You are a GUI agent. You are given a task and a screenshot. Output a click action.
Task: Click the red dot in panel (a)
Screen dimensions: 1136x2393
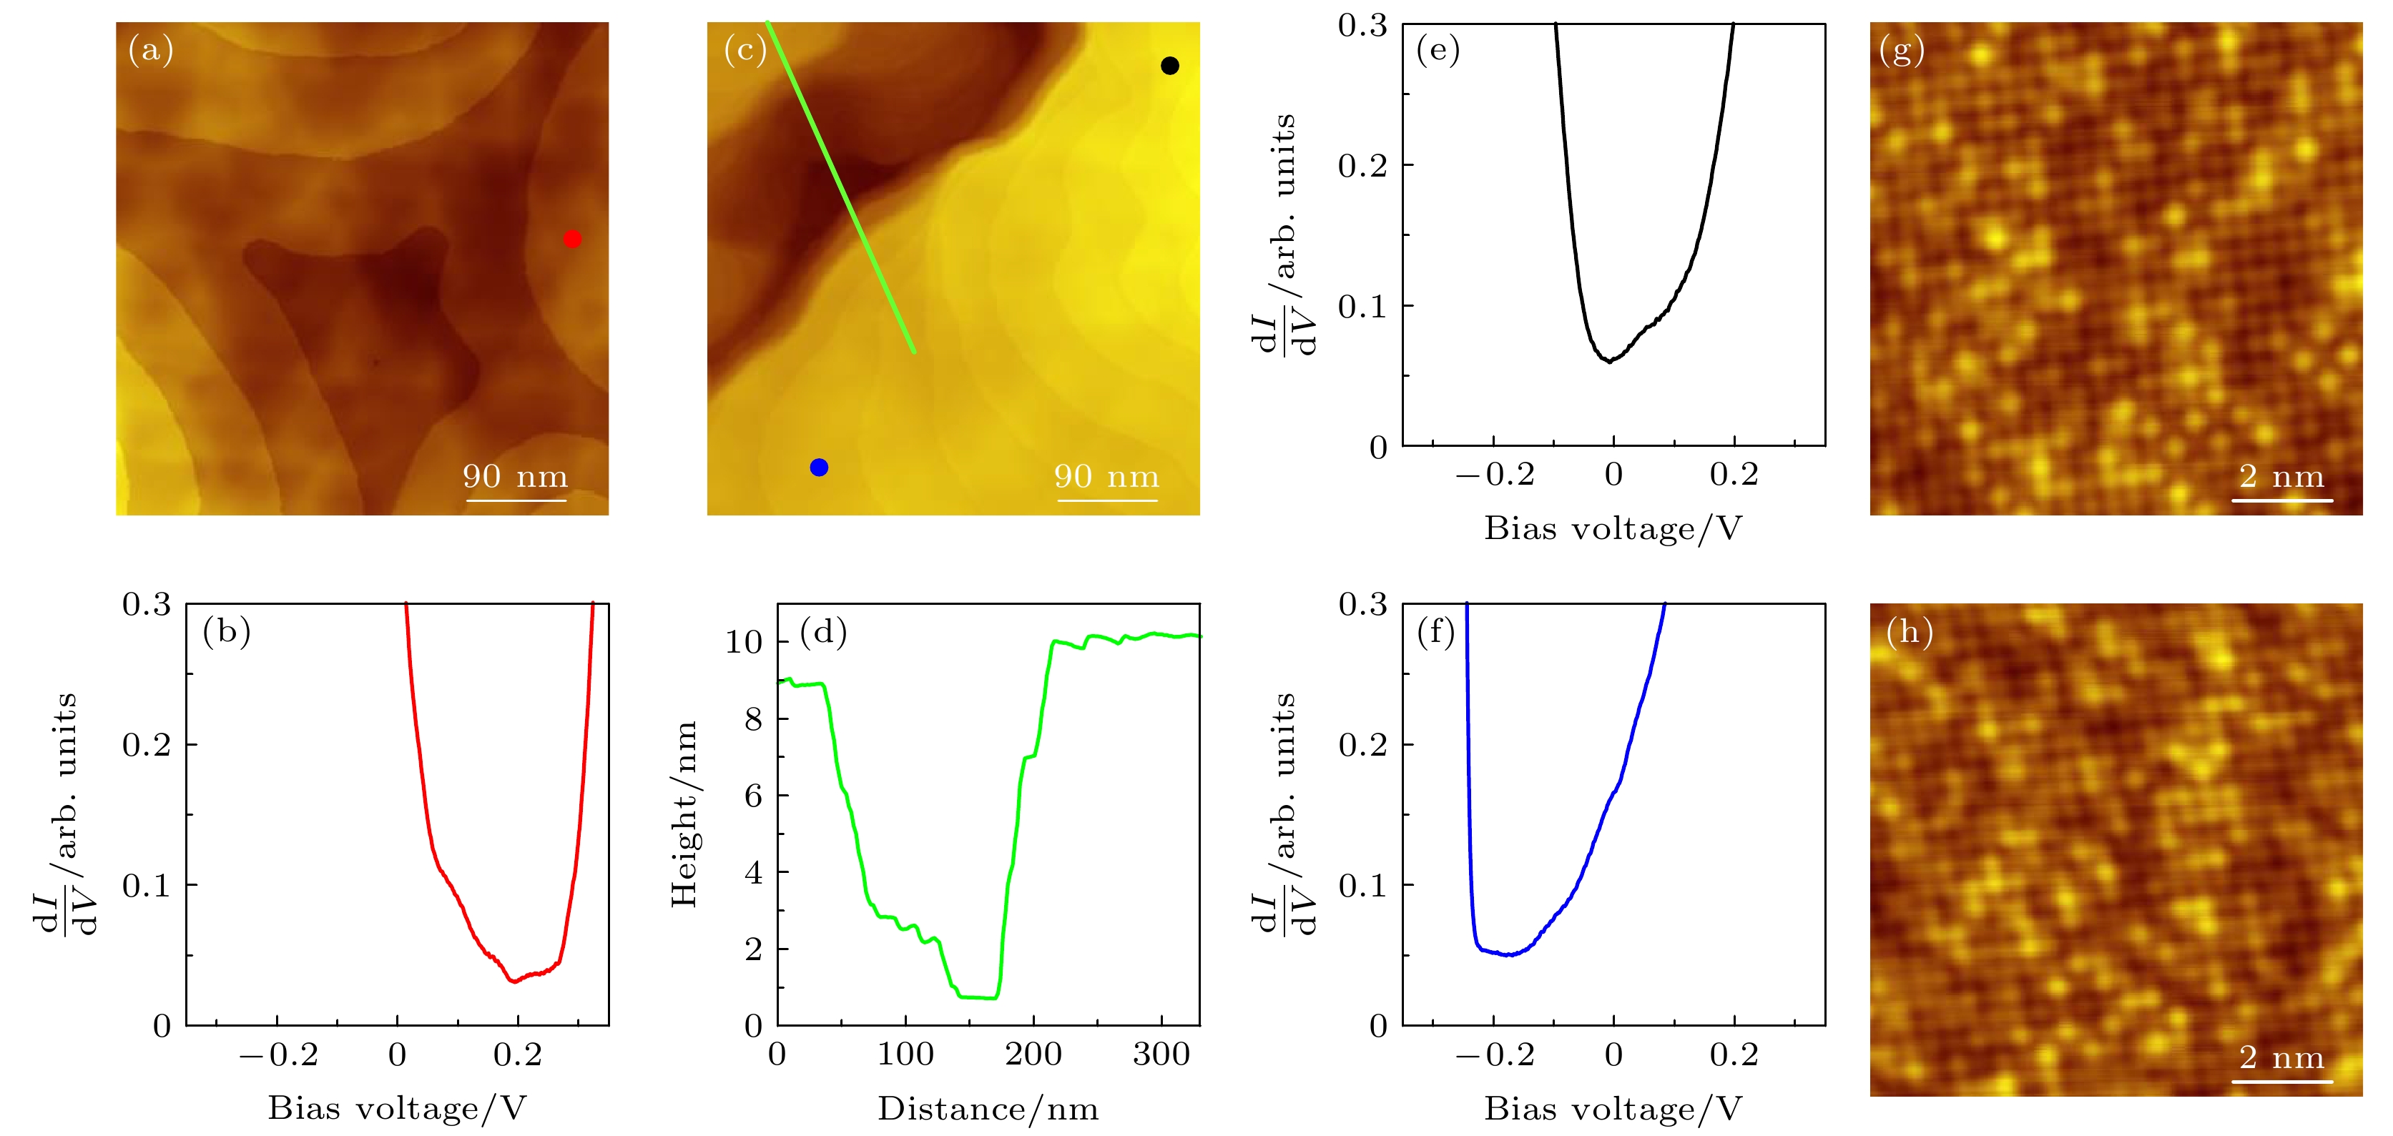click(572, 239)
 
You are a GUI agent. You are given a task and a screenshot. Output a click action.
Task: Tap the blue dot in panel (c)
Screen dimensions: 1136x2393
click(818, 468)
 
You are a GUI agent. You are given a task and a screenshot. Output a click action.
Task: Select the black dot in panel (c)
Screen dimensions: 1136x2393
click(1169, 65)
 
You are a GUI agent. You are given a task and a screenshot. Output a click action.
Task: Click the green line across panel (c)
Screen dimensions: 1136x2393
click(841, 187)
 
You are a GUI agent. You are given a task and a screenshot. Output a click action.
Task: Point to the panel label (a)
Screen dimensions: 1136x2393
click(150, 49)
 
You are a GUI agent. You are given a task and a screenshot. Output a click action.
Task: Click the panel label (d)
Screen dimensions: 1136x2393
click(824, 633)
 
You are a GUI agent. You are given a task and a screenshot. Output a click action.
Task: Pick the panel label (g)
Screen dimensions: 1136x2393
click(1901, 49)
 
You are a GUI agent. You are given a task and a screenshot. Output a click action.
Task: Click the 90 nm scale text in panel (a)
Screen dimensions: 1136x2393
click(516, 477)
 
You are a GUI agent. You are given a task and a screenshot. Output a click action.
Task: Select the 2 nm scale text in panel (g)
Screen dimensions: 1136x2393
click(2281, 477)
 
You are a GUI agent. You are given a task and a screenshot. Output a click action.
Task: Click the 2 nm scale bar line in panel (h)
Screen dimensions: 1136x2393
click(2282, 1081)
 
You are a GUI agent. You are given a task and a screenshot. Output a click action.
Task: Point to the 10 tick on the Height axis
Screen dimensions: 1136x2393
click(744, 642)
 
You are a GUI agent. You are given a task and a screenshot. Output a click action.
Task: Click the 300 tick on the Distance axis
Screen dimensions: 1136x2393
click(1161, 1054)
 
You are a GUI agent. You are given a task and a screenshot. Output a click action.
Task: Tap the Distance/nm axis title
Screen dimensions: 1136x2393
click(988, 1108)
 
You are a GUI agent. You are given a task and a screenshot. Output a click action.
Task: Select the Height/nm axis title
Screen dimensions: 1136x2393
click(684, 814)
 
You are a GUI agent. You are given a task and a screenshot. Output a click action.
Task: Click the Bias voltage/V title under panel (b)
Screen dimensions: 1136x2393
click(398, 1108)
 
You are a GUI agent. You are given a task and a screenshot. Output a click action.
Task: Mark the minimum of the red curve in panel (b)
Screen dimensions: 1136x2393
click(514, 981)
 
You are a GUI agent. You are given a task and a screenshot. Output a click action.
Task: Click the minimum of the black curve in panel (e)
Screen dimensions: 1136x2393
click(1610, 361)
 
